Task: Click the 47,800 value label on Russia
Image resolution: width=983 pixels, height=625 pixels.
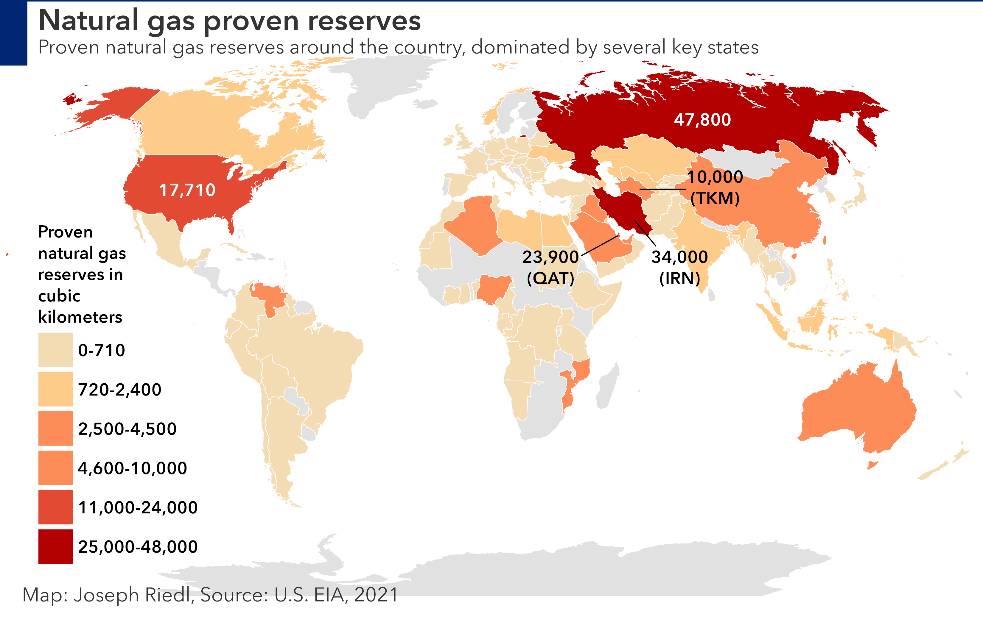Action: coord(702,120)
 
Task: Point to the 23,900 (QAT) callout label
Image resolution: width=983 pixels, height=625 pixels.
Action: coord(550,268)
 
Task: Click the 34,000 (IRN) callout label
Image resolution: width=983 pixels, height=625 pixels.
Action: coord(679,268)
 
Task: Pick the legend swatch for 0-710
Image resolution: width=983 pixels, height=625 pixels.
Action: coord(55,350)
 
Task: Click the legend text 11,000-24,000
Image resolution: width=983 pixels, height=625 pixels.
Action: coord(138,507)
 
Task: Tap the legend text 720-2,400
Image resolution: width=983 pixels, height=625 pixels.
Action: coord(120,390)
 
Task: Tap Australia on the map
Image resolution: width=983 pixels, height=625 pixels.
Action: coord(857,412)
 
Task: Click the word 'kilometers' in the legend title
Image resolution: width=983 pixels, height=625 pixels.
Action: coord(80,317)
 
